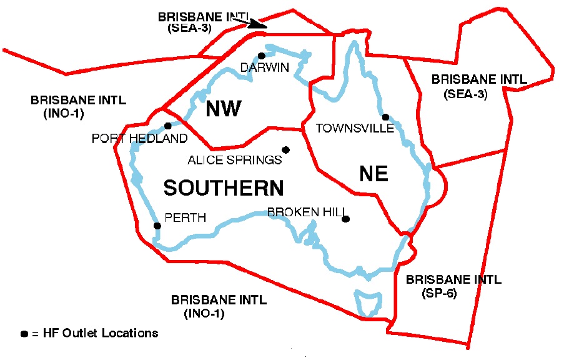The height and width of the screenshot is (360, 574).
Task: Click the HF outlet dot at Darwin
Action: (262, 56)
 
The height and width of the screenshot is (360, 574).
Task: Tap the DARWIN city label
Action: (265, 67)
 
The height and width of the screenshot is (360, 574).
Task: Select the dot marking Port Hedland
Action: (167, 126)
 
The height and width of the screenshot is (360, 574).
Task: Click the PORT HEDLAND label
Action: (139, 138)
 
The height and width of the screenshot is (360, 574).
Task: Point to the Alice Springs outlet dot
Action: (285, 149)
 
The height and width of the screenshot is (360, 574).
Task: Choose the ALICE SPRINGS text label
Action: (235, 160)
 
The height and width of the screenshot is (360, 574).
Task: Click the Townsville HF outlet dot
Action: (385, 117)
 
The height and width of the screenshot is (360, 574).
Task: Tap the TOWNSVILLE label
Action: (355, 128)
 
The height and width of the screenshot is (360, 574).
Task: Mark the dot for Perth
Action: (157, 226)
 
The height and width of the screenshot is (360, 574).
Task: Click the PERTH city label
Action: (185, 218)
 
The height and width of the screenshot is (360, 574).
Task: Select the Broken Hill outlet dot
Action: (345, 219)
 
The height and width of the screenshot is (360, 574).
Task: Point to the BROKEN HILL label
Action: (306, 212)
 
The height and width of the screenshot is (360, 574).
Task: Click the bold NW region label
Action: (224, 109)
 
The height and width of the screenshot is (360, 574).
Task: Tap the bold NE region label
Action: (374, 173)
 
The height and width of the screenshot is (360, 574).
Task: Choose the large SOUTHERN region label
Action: (224, 187)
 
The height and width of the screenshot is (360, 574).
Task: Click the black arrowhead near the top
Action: (256, 25)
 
